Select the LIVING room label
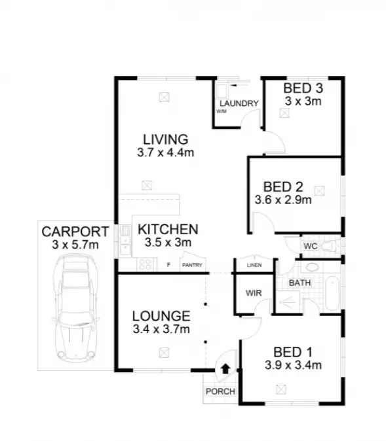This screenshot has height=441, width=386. click(166, 139)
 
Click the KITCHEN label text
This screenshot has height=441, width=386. click(168, 229)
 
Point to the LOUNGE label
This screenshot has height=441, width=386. click(161, 315)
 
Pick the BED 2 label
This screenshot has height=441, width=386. click(282, 186)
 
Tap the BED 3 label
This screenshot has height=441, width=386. click(303, 88)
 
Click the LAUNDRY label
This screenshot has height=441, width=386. click(239, 104)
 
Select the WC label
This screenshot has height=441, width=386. click(310, 246)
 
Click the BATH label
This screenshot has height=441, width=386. click(299, 283)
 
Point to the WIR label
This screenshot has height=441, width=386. click(253, 293)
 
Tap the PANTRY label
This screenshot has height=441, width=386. click(192, 265)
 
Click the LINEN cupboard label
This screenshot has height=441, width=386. click(254, 265)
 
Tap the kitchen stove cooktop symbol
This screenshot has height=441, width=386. click(145, 264)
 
